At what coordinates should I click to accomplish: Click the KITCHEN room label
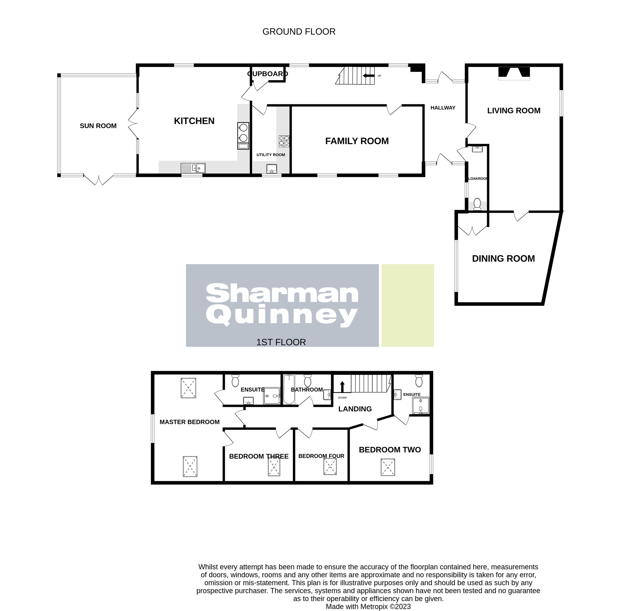(194, 121)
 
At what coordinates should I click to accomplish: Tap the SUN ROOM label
(98, 126)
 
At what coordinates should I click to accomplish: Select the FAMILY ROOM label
(357, 141)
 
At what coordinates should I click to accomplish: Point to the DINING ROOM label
(503, 258)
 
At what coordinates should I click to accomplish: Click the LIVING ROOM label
(513, 110)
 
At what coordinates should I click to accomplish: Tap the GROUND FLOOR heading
(299, 32)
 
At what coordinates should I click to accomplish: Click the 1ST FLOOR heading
(281, 342)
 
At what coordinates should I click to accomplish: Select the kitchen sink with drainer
(193, 168)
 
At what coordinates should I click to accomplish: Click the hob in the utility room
(284, 141)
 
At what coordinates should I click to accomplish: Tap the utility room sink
(272, 168)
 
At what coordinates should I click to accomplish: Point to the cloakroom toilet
(477, 204)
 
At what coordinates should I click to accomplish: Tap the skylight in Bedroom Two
(388, 467)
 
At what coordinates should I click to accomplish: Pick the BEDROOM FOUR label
(321, 456)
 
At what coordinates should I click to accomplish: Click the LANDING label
(355, 409)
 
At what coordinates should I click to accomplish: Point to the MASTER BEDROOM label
(189, 422)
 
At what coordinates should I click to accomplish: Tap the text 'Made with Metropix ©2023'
(368, 607)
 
